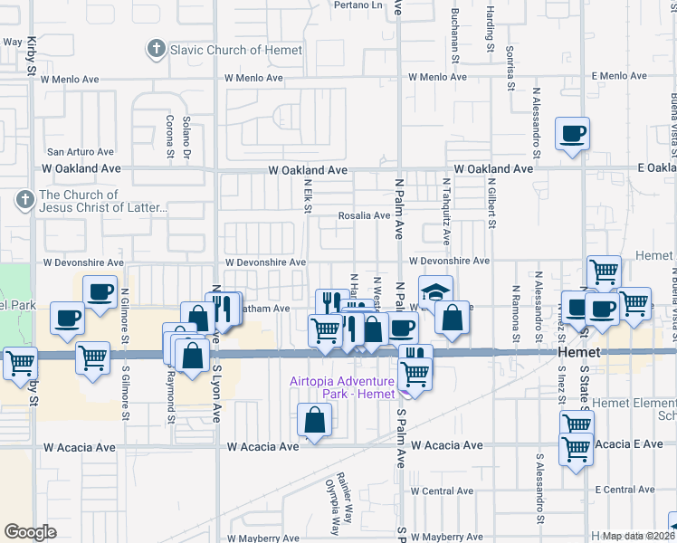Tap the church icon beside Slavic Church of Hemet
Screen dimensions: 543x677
157,49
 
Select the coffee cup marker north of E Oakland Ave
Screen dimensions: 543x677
572,135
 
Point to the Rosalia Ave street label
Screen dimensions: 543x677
364,215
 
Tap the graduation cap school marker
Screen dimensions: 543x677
434,293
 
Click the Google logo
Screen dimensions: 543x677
30,531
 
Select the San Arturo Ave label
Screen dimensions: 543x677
81,152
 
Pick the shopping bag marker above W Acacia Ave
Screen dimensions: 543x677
314,421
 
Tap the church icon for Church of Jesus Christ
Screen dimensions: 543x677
26,198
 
